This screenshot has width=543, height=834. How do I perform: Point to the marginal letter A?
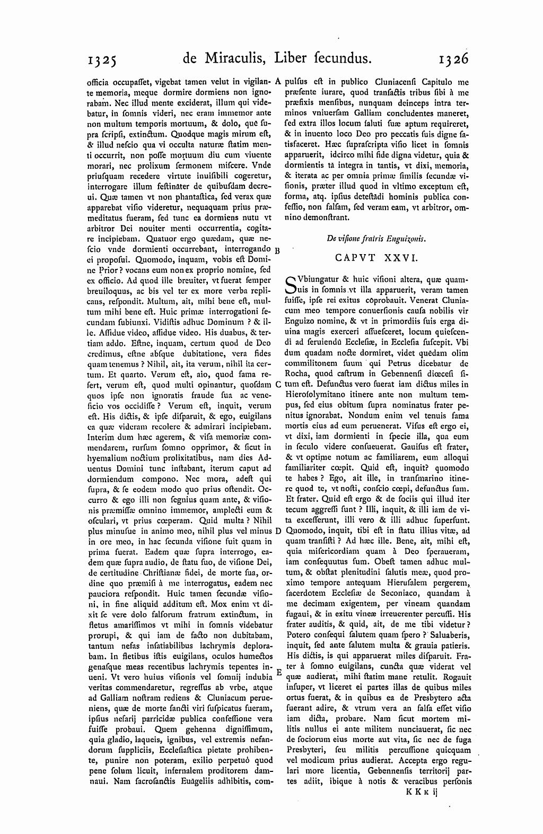[278, 82]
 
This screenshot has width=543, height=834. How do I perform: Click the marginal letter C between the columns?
[278, 385]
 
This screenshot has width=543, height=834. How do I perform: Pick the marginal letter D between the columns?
[278, 531]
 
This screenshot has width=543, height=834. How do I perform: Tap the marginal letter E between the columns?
[278, 671]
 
